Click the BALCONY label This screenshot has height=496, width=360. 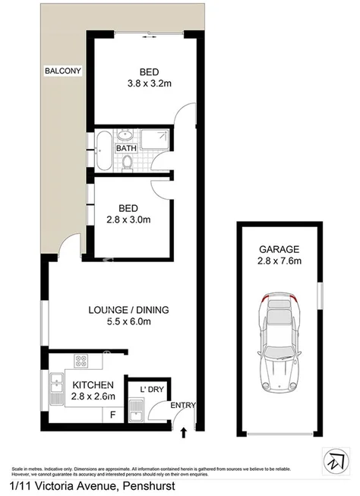(62, 71)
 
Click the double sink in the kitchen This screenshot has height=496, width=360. (55, 389)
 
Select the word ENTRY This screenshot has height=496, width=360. (182, 406)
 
